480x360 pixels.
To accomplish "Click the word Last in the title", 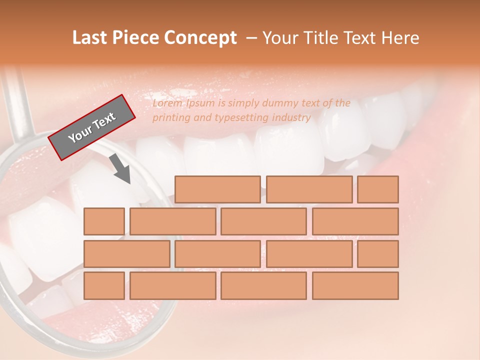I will click(90, 38).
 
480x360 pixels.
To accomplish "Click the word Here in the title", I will click(399, 38).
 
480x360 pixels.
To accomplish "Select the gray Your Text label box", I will click(92, 127).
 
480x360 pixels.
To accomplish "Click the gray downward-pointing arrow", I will click(120, 169).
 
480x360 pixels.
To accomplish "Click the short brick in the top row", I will click(378, 189).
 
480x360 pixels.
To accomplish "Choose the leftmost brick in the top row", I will click(217, 189).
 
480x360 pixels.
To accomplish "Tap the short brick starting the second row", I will click(104, 221).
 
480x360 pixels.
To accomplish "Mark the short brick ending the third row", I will click(378, 254).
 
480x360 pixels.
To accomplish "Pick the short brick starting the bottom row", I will click(104, 286).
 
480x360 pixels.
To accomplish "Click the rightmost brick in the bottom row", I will click(355, 286).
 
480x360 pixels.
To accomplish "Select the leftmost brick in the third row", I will click(126, 254).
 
